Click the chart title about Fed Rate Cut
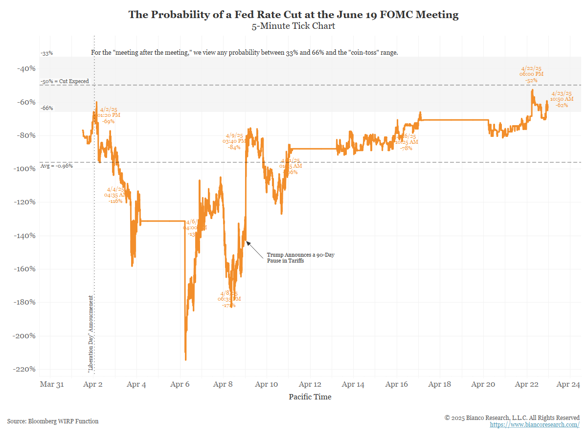coord(293,15)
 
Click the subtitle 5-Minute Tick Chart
coord(293,26)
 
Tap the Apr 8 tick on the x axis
coord(224,384)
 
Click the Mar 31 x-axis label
coord(51,384)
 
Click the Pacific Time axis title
coord(310,397)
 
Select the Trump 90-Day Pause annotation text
coord(300,258)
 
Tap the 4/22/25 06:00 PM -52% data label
coord(531,74)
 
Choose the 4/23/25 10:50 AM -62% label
coord(562,99)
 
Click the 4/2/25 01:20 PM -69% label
coord(109,115)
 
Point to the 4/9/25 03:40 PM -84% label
coord(234,141)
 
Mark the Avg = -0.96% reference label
coord(56,166)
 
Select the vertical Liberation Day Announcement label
coord(90,334)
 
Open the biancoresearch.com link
coord(535,425)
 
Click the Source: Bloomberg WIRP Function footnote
coord(53,421)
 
